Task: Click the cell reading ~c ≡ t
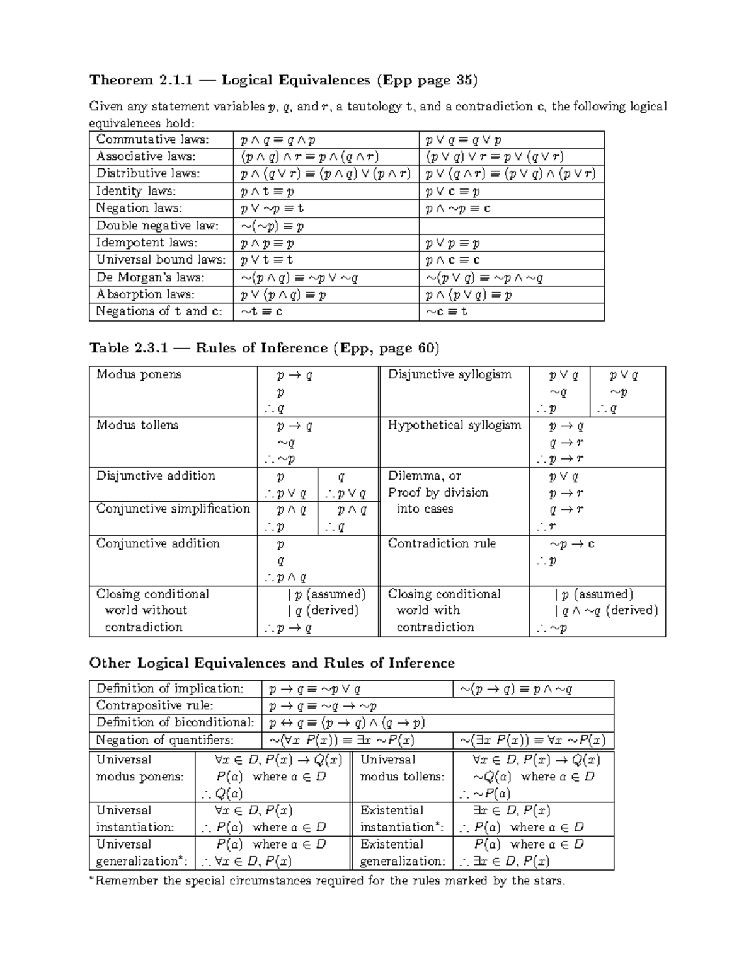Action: [447, 311]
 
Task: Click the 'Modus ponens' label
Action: [139, 374]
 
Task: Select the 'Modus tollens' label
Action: [137, 426]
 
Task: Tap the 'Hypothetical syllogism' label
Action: [454, 426]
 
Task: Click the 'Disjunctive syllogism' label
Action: [449, 374]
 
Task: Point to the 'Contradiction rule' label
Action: [442, 543]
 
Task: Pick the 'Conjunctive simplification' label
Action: [173, 509]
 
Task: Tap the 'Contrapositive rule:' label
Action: [154, 705]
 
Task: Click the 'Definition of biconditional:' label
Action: [175, 722]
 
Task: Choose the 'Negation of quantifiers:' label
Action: [164, 740]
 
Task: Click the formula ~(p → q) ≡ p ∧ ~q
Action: [515, 689]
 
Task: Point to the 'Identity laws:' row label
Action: [136, 191]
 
